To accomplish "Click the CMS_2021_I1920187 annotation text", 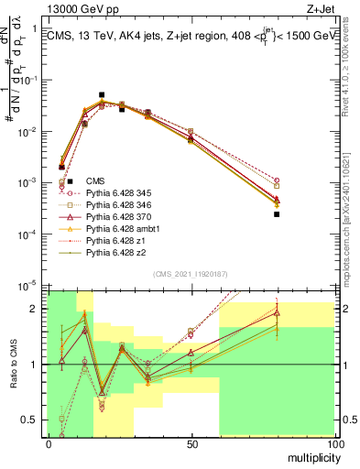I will click(x=191, y=273).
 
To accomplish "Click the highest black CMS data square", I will click(x=102, y=94).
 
